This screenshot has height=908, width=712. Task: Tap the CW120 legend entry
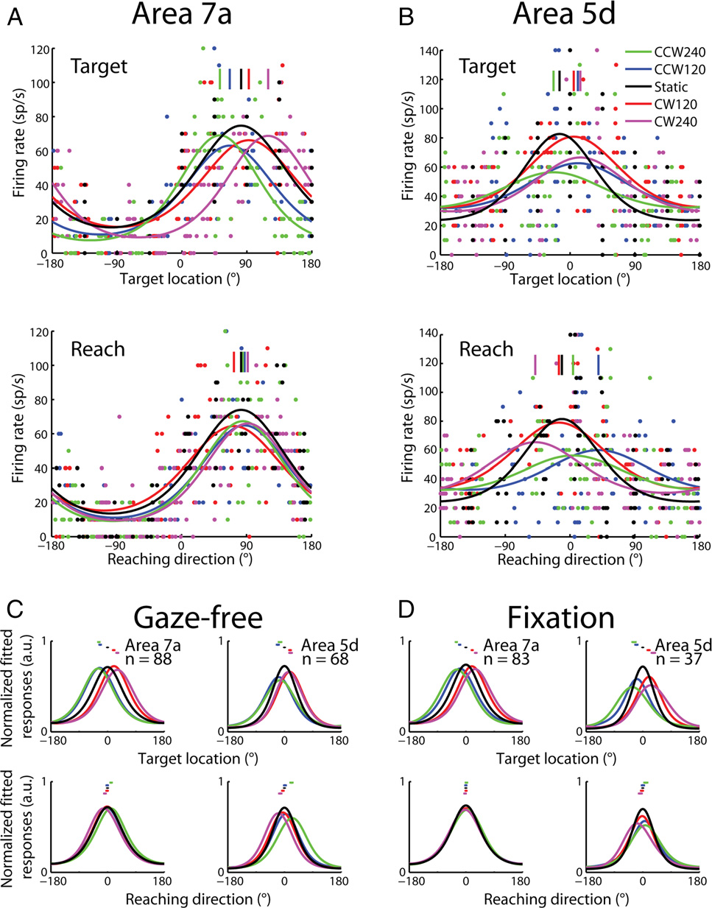(x=661, y=104)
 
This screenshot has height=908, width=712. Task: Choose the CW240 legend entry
(x=661, y=122)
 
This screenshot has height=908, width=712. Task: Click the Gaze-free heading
(x=198, y=619)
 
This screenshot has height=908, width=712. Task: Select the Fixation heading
(x=561, y=618)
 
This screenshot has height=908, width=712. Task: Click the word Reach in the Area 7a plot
(x=98, y=349)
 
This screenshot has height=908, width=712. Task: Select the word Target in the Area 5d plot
(x=487, y=67)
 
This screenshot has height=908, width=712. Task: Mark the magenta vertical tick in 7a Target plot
(x=268, y=79)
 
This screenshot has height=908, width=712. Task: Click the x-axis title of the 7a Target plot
(x=180, y=279)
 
